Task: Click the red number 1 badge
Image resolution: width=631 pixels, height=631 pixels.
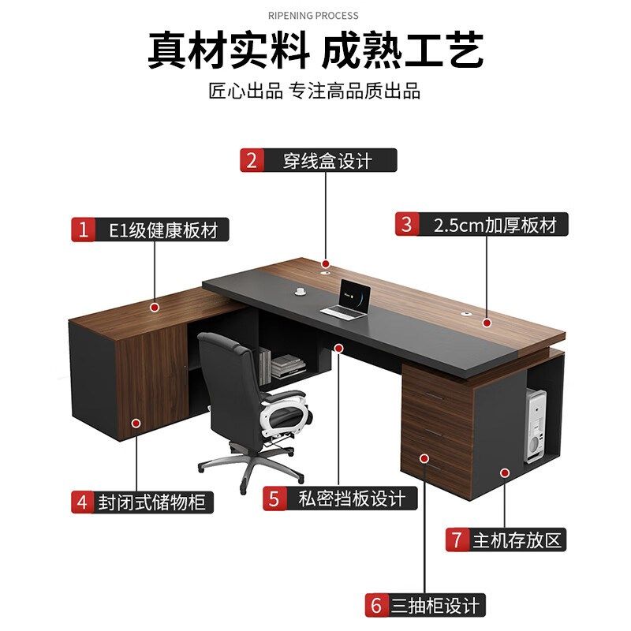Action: click(x=83, y=230)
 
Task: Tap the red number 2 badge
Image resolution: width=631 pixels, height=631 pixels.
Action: click(x=252, y=160)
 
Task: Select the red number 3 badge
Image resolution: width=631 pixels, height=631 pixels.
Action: click(x=407, y=224)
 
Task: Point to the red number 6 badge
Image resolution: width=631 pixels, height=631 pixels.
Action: click(x=375, y=606)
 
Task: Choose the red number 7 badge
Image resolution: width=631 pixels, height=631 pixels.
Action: click(x=457, y=540)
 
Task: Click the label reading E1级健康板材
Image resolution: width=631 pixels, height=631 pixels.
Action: click(x=163, y=230)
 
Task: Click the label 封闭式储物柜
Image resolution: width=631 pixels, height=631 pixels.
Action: click(x=155, y=502)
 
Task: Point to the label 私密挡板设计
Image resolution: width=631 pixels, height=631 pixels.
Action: click(x=352, y=498)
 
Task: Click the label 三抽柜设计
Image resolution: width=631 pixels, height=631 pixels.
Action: click(x=435, y=606)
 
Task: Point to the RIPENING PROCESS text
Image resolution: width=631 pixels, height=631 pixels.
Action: click(x=313, y=15)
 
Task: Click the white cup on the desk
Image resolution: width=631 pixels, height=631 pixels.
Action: click(x=301, y=291)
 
